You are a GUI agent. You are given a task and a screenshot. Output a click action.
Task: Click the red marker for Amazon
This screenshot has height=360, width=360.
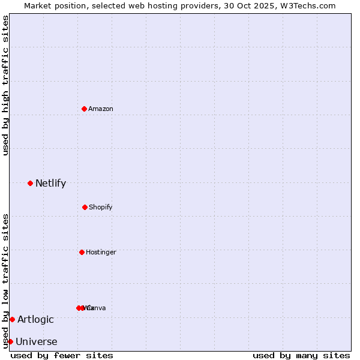tap(84, 109)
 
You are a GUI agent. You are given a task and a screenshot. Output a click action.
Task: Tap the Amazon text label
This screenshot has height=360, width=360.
tap(101, 109)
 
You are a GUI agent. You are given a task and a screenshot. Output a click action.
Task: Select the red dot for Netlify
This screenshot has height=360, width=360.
tap(30, 183)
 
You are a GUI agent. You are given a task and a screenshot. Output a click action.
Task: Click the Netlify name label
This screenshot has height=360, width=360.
tap(50, 184)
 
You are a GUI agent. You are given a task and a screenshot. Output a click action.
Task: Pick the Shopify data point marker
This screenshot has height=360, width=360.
tap(85, 207)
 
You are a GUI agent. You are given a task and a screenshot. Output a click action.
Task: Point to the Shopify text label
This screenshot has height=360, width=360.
tap(101, 208)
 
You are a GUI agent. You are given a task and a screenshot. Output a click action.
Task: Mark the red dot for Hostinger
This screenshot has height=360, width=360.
tap(82, 252)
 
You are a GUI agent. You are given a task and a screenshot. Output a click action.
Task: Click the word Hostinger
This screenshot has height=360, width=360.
tap(101, 253)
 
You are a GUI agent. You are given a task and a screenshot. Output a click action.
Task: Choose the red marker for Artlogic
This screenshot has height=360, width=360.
tap(12, 319)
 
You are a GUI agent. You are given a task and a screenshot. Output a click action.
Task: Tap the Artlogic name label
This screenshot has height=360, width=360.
tap(35, 320)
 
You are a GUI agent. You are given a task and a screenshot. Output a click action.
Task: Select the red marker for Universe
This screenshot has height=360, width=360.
tap(10, 341)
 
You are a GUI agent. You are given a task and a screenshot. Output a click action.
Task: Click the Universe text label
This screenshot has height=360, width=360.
tap(37, 342)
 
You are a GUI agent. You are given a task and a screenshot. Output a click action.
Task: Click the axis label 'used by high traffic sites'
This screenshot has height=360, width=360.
tap(5, 85)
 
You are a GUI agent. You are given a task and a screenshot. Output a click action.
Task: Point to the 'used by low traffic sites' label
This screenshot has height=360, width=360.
tap(5, 280)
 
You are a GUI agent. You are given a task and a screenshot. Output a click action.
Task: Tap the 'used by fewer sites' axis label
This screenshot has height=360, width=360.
tap(62, 355)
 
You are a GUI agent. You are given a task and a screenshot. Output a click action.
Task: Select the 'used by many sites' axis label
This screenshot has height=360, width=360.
tap(301, 355)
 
